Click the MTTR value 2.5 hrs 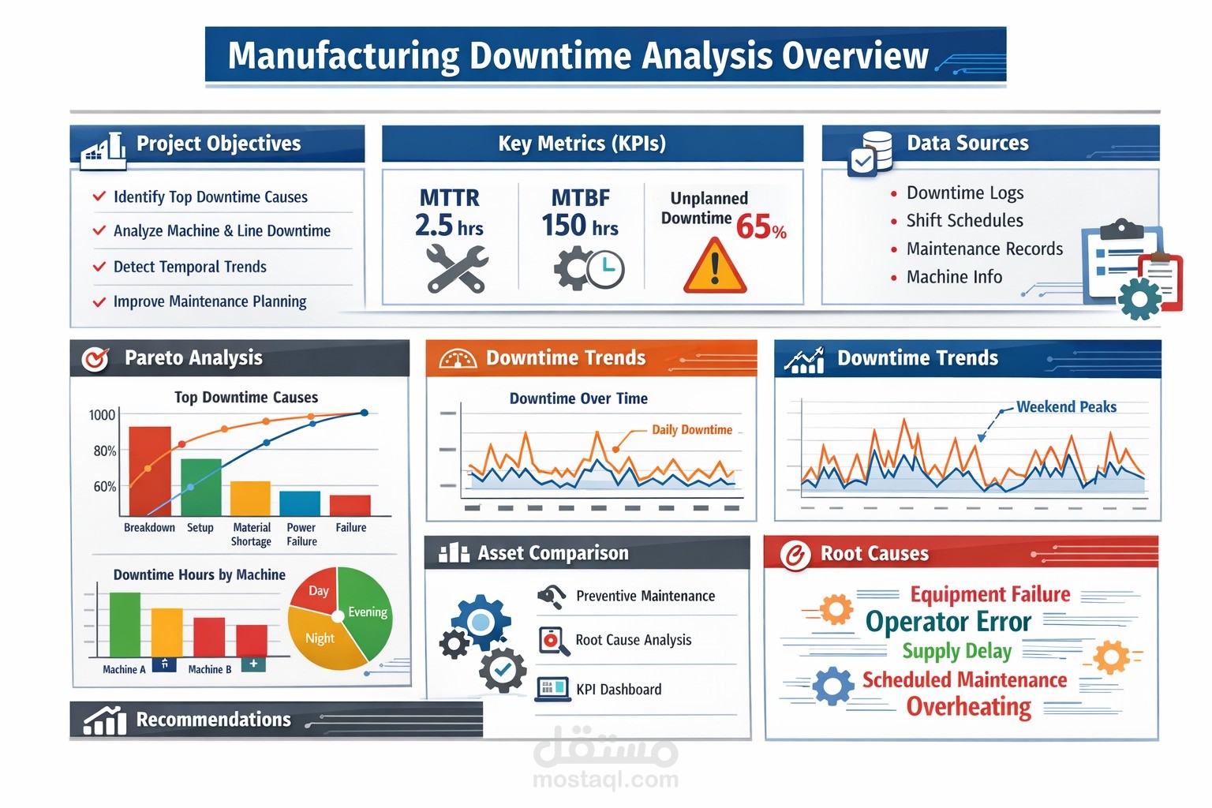[448, 226]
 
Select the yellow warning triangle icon [715, 267]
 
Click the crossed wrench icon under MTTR [457, 268]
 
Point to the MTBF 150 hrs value [579, 226]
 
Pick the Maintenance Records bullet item [984, 249]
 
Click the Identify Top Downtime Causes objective [210, 197]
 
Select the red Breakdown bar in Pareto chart [149, 470]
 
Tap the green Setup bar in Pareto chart [201, 486]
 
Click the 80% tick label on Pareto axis [104, 451]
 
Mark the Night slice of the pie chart [320, 638]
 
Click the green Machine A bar [125, 624]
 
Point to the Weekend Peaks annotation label [1065, 407]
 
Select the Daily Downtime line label [691, 430]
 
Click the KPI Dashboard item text [619, 690]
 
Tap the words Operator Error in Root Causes [948, 622]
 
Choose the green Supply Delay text [956, 652]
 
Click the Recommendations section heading [213, 720]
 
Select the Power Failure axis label [301, 534]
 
